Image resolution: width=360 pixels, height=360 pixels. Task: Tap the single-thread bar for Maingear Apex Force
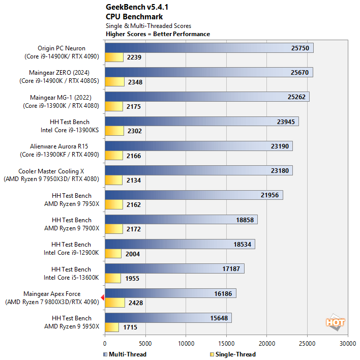pyautogui.click(x=114, y=303)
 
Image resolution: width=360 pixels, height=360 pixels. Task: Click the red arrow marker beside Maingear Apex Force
pyautogui.click(x=103, y=298)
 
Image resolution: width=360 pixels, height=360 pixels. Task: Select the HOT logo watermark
pyautogui.click(x=336, y=322)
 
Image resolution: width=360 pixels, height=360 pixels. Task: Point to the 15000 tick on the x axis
pyautogui.click(x=226, y=343)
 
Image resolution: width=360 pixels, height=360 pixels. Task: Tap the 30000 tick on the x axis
pyautogui.click(x=348, y=343)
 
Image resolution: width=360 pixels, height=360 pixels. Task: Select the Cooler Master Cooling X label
pyautogui.click(x=55, y=171)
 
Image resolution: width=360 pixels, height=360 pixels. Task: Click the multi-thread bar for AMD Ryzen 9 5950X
pyautogui.click(x=168, y=318)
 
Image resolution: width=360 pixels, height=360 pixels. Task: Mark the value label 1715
pyautogui.click(x=129, y=327)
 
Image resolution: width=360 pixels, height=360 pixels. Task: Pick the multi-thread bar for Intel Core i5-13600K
pyautogui.click(x=174, y=268)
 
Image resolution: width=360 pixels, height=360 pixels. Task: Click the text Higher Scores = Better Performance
pyautogui.click(x=158, y=34)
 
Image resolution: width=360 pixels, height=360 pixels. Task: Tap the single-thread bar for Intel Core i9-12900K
pyautogui.click(x=113, y=254)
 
